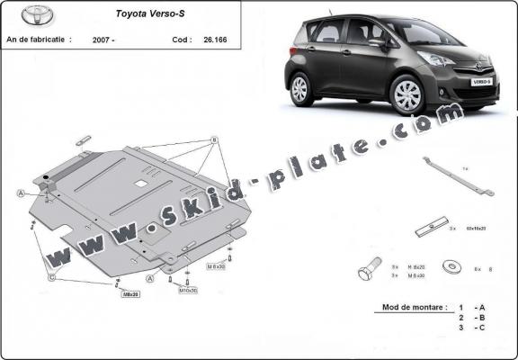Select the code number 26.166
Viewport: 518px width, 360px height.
215,40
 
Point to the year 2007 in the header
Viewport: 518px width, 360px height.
104,40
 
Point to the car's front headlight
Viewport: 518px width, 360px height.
437,59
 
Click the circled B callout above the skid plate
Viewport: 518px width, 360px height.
215,140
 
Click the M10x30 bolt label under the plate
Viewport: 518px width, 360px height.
188,291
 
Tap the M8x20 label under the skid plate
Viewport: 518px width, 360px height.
130,294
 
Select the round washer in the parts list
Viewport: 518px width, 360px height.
449,267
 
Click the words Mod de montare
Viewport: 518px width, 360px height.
409,307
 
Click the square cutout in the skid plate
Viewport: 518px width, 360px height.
141,184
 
